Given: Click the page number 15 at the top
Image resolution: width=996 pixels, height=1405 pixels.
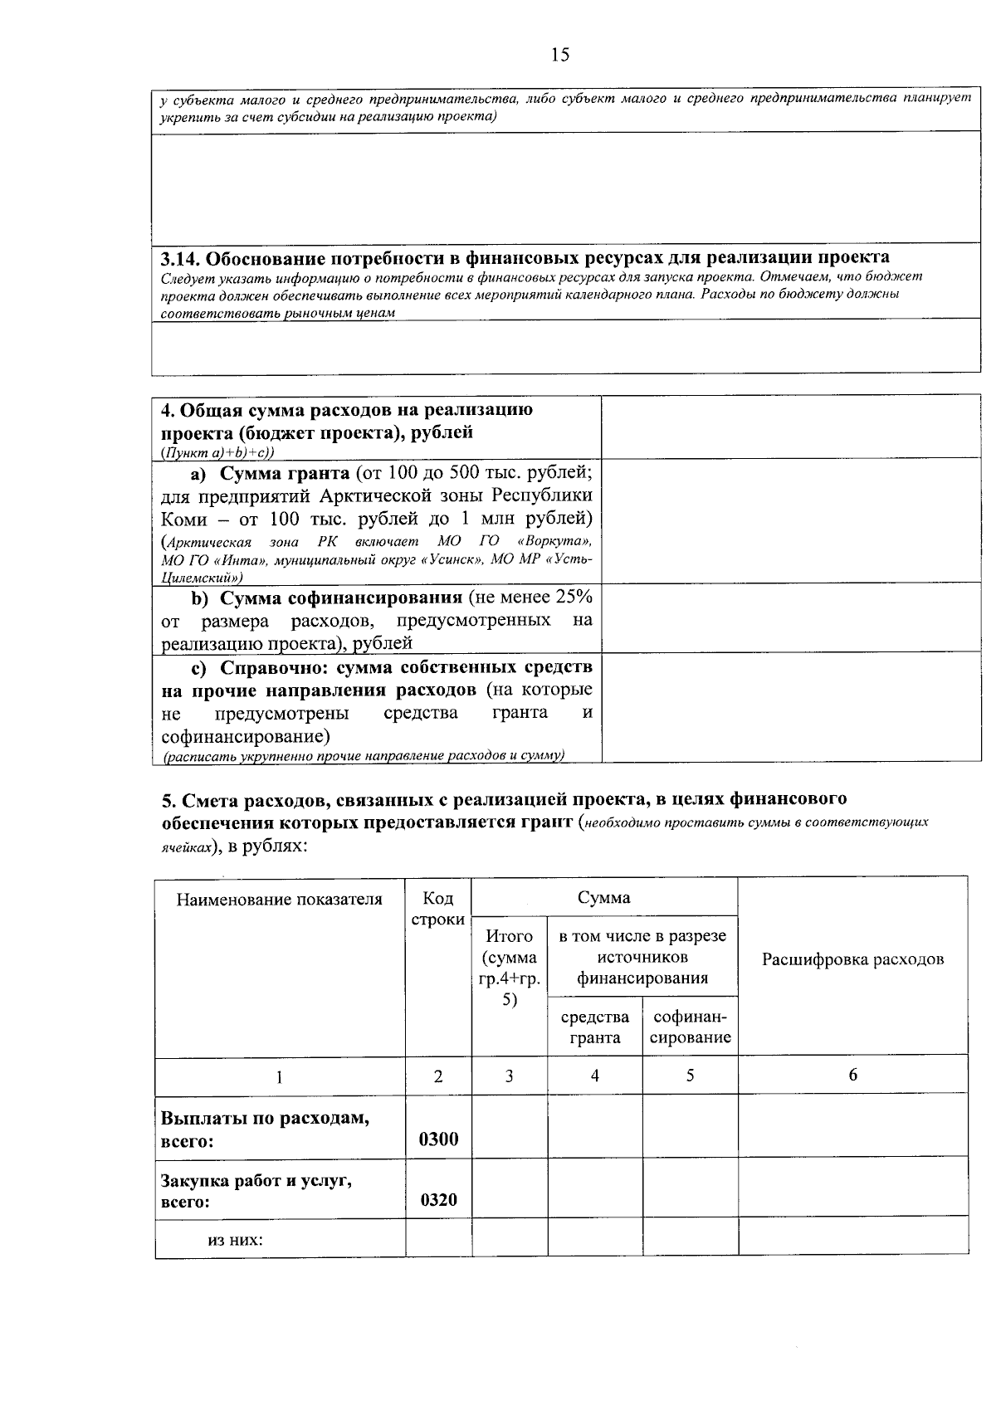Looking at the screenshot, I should click(x=559, y=56).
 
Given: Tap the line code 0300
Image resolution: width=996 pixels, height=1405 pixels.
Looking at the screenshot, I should click(x=438, y=1139).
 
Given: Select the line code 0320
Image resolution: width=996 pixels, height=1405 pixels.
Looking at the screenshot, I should click(x=438, y=1200).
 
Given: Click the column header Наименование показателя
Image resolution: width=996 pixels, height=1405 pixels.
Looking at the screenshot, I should click(x=279, y=900).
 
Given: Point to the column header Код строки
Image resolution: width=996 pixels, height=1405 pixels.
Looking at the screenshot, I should click(x=437, y=910).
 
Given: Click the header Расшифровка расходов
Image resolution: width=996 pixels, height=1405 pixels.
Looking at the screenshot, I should click(x=852, y=960).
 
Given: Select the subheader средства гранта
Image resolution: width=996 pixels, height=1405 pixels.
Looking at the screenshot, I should click(x=594, y=1027).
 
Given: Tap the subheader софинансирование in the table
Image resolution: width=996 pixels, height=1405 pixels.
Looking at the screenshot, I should click(x=690, y=1027).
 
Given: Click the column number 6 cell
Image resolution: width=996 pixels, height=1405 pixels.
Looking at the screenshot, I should click(x=852, y=1075).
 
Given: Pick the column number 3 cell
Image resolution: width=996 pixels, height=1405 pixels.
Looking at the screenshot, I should click(x=509, y=1076).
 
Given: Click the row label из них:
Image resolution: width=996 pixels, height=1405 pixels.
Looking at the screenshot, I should click(x=235, y=1241).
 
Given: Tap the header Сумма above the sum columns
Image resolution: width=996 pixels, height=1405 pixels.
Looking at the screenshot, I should click(x=603, y=897).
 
